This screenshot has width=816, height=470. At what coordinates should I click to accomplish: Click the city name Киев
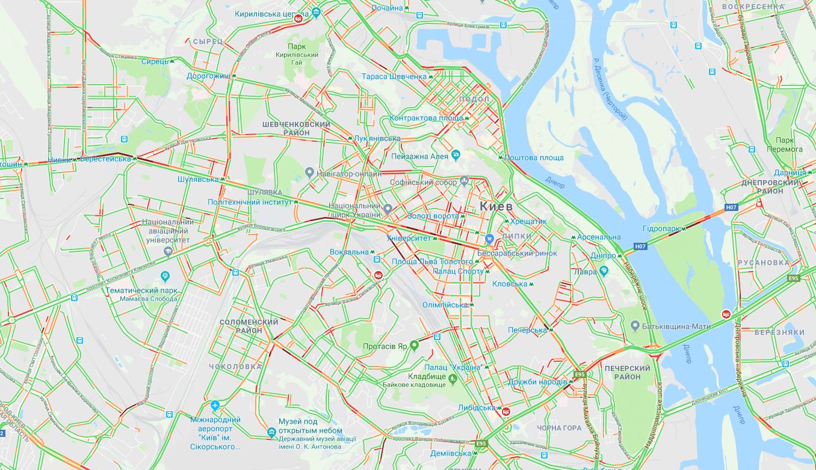pyautogui.click(x=496, y=206)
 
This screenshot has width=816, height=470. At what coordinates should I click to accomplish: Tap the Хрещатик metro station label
pyautogui.click(x=528, y=221)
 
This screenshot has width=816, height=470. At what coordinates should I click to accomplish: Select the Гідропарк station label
pyautogui.click(x=661, y=229)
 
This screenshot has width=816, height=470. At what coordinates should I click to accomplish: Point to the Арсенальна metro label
pyautogui.click(x=599, y=237)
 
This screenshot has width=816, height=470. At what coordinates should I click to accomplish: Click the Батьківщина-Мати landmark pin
pyautogui.click(x=634, y=326)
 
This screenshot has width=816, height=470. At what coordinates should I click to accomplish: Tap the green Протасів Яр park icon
pyautogui.click(x=414, y=346)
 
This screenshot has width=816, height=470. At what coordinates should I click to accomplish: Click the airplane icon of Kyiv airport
pyautogui.click(x=216, y=405)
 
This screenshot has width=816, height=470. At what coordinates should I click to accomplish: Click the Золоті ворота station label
pyautogui.click(x=433, y=216)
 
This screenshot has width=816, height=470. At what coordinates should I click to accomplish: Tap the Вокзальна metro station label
pyautogui.click(x=349, y=252)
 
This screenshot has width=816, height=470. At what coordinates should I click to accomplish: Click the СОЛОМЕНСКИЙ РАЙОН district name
pyautogui.click(x=249, y=326)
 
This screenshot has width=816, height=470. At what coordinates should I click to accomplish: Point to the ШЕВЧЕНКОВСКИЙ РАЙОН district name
pyautogui.click(x=296, y=128)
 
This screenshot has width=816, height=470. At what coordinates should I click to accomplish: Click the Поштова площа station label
pyautogui.click(x=534, y=157)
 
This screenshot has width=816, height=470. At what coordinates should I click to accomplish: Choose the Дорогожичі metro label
pyautogui.click(x=208, y=76)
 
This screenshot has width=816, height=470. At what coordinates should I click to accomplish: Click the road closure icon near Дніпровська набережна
pyautogui.click(x=726, y=314)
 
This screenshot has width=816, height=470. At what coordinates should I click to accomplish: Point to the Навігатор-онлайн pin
pyautogui.click(x=309, y=173)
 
